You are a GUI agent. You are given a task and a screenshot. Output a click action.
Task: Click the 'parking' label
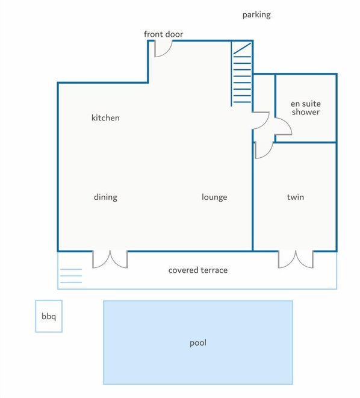[256, 14]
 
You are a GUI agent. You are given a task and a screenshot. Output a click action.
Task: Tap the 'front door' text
[163, 34]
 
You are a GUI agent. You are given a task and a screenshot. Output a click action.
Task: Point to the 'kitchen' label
[105, 118]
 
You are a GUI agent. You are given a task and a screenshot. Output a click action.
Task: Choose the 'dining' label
[105, 197]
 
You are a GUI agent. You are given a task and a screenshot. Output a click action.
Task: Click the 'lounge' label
[214, 197]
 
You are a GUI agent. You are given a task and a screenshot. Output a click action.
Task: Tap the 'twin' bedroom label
[295, 197]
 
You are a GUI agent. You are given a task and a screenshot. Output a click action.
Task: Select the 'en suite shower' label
[305, 108]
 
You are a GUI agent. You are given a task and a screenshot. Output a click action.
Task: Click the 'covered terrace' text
[197, 270]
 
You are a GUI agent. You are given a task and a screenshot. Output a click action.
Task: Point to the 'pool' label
[198, 343]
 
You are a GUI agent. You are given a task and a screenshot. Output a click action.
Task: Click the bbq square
[48, 316]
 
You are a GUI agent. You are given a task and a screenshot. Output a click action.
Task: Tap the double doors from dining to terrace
[110, 259]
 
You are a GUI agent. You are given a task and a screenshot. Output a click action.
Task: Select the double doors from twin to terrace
[296, 259]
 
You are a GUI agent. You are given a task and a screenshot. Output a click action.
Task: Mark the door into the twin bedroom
[262, 149]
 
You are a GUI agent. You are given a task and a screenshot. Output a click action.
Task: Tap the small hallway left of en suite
[264, 93]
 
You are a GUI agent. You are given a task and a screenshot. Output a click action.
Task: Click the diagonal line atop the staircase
[242, 48]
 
